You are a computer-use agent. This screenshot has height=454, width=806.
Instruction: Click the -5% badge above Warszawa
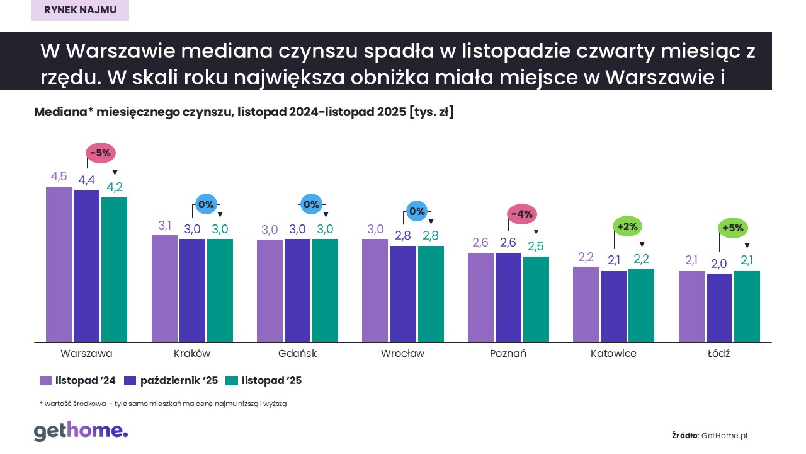point(100,153)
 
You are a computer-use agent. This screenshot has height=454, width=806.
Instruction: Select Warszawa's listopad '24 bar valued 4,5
point(59,264)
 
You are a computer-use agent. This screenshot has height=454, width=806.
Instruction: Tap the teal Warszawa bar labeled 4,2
point(114,270)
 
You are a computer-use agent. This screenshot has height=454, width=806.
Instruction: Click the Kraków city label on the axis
point(191,354)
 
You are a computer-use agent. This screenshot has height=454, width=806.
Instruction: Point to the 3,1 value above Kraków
point(165,226)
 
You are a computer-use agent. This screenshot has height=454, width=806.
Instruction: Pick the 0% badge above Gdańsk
point(311,204)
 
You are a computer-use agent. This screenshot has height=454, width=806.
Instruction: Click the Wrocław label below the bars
point(402,354)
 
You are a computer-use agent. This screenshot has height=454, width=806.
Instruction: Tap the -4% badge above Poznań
point(522,214)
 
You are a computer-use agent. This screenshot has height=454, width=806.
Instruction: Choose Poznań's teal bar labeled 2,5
point(535,299)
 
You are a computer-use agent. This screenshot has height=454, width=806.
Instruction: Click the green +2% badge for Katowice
point(628,226)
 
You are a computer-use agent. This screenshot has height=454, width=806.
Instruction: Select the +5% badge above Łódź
point(733,228)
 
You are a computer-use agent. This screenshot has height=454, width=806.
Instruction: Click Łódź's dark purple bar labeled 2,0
point(719,308)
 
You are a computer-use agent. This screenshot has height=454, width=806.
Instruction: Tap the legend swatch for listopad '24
point(45,381)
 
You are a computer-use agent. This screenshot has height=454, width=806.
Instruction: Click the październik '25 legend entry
point(171,381)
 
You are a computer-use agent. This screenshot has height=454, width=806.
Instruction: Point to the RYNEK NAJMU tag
point(80,10)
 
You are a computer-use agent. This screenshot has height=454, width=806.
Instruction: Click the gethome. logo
point(81,431)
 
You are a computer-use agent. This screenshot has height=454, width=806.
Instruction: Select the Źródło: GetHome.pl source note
point(709,436)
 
